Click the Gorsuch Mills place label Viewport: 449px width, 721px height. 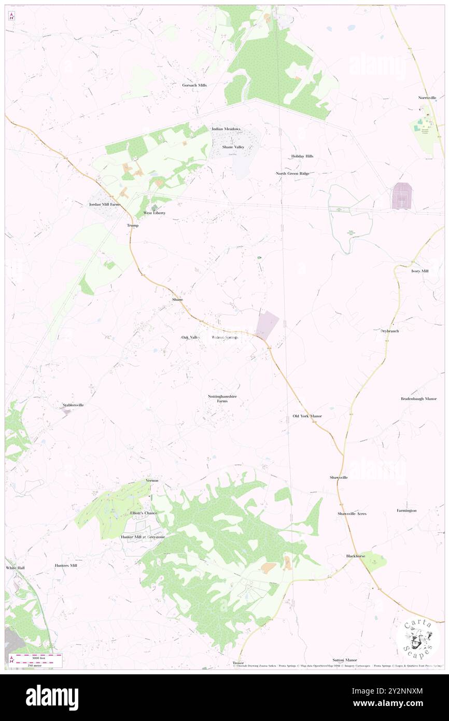coord(194,85)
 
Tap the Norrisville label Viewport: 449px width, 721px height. coord(428,98)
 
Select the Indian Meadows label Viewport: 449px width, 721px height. coord(226,129)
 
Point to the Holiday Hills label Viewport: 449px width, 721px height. coord(302,156)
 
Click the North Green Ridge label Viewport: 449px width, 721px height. coord(292,173)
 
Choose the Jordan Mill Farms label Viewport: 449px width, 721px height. coord(104,205)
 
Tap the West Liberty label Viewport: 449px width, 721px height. coord(155,213)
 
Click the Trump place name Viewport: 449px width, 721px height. coord(133,226)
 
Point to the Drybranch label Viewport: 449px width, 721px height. coord(389,331)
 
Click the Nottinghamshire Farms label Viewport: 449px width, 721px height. coord(222,399)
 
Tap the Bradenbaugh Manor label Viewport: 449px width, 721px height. coord(419,399)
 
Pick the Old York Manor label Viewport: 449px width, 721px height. coord(307,416)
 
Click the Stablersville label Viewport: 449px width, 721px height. coord(73,405)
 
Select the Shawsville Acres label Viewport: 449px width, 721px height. coord(352,514)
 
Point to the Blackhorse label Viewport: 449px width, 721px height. coord(356,556)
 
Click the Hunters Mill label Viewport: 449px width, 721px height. coord(66,565)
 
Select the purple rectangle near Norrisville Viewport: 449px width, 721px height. coord(402,196)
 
